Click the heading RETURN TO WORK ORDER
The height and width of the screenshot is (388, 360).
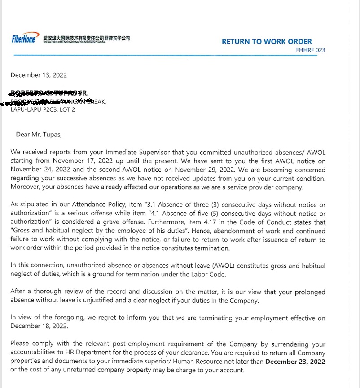pyautogui.click(x=267, y=41)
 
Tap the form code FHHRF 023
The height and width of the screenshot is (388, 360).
pyautogui.click(x=311, y=50)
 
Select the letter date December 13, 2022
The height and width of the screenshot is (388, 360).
pyautogui.click(x=39, y=75)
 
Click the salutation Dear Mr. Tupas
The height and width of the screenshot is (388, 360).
pyautogui.click(x=39, y=134)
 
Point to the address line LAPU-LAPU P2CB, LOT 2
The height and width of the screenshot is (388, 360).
pyautogui.click(x=43, y=109)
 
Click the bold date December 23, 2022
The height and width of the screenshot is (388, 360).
pyautogui.click(x=295, y=362)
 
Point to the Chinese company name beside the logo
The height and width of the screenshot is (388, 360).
pyautogui.click(x=87, y=38)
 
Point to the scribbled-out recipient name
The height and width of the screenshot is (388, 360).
pyautogui.click(x=49, y=93)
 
